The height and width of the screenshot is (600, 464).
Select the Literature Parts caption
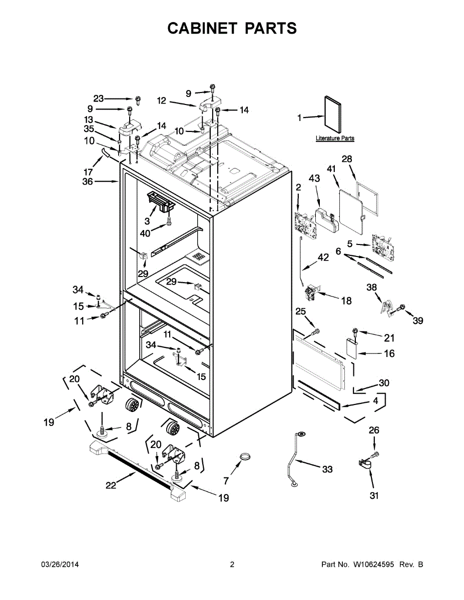(335, 138)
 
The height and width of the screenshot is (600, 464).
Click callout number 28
(347, 159)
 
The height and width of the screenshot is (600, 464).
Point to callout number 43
(314, 178)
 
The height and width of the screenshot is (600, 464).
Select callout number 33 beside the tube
(327, 469)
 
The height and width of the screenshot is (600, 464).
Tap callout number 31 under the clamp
(374, 495)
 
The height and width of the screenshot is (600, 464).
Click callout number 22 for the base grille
(111, 484)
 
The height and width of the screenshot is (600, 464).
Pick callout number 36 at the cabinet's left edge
(88, 182)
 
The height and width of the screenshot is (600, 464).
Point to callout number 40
(145, 233)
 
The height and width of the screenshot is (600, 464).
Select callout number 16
(389, 353)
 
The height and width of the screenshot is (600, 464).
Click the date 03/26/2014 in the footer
(60, 564)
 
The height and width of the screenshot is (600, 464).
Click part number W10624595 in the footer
(375, 564)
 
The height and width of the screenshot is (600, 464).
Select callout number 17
(88, 171)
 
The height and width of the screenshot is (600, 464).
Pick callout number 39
(417, 320)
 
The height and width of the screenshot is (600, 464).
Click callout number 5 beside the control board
(350, 244)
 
